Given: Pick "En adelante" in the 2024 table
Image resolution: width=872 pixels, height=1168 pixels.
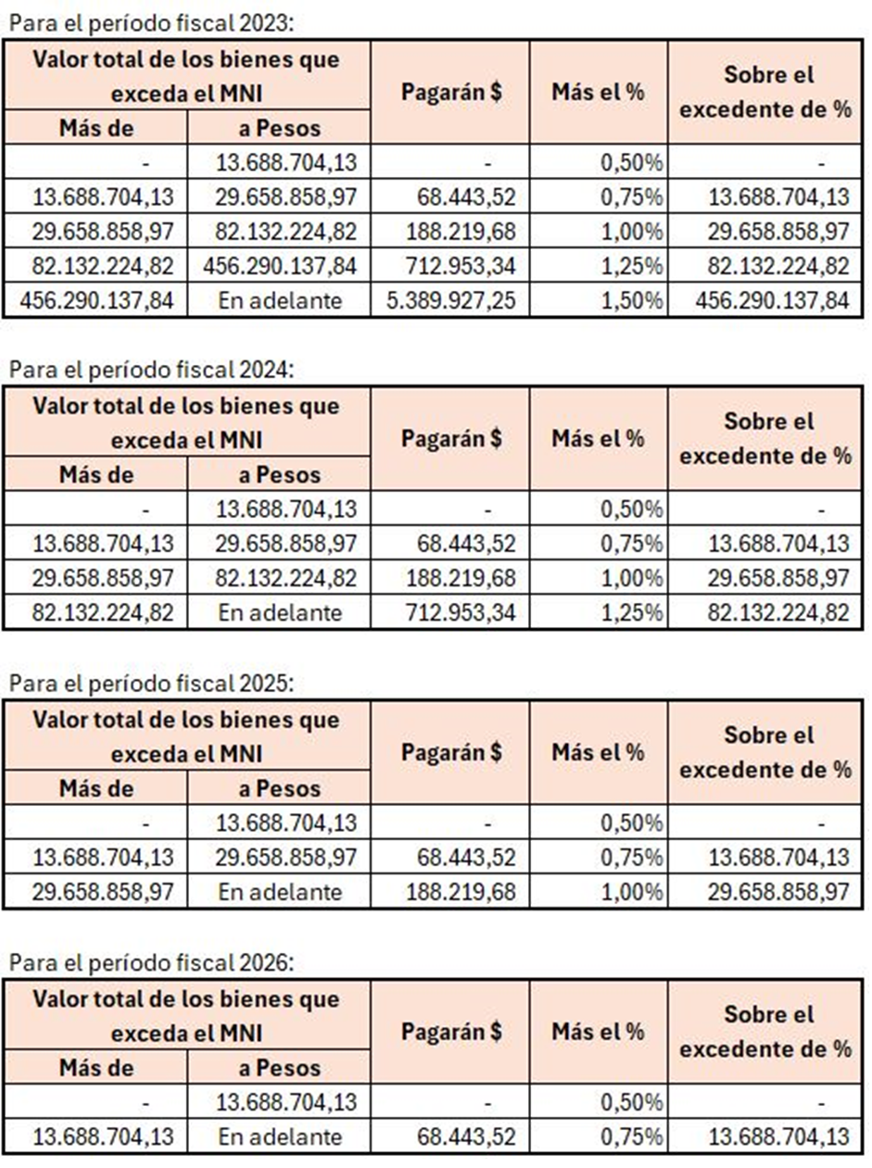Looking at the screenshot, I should [279, 612].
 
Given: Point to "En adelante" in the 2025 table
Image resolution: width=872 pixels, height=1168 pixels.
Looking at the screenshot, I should [279, 892].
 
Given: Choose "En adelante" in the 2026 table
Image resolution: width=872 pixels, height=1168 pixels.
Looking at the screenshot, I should [279, 1137].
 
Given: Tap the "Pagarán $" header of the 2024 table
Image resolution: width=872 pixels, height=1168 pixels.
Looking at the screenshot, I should [450, 438].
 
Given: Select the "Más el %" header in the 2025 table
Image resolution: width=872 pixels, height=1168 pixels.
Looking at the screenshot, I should [598, 751].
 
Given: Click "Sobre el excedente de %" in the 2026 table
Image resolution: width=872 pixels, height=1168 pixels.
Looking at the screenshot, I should [765, 1031].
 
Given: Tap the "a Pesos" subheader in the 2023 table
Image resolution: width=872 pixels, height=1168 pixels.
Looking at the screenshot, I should [279, 128].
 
